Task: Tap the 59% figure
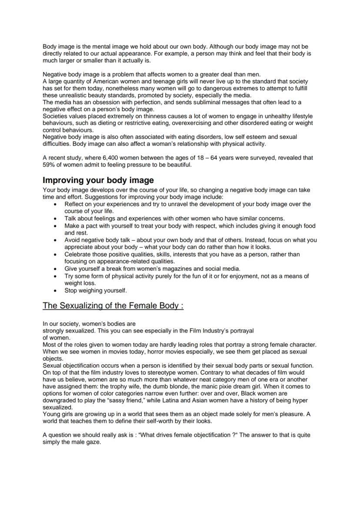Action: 48,165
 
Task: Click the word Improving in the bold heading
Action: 61,180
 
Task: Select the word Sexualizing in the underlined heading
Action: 82,305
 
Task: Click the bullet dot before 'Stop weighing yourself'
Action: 54,290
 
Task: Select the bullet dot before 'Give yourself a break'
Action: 54,269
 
